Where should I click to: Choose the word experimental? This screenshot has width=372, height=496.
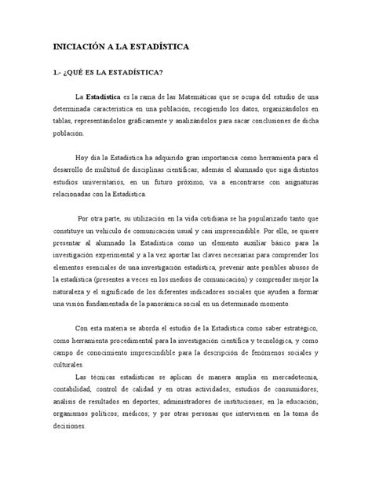click(x=133, y=252)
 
